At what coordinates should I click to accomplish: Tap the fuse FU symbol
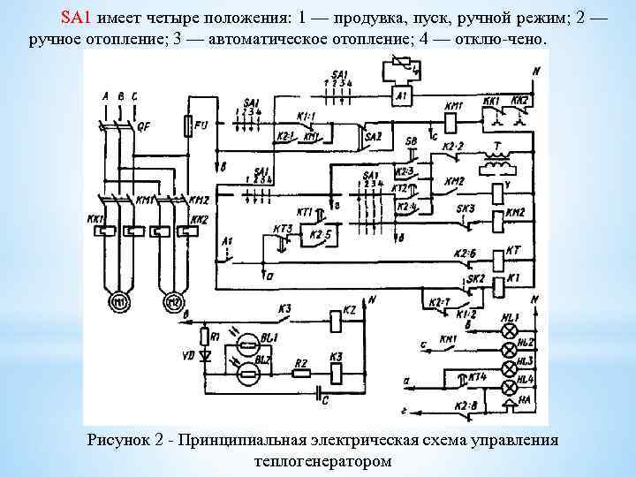pos(187,128)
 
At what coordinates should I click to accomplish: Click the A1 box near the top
pos(402,95)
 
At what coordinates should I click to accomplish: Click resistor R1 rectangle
pos(204,337)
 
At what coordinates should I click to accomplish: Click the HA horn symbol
pos(510,407)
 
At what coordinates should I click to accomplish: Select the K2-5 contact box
pos(316,235)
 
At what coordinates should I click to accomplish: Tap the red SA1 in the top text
pos(76,18)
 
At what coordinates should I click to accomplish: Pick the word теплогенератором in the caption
pos(322,460)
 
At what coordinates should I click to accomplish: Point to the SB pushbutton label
pos(412,141)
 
